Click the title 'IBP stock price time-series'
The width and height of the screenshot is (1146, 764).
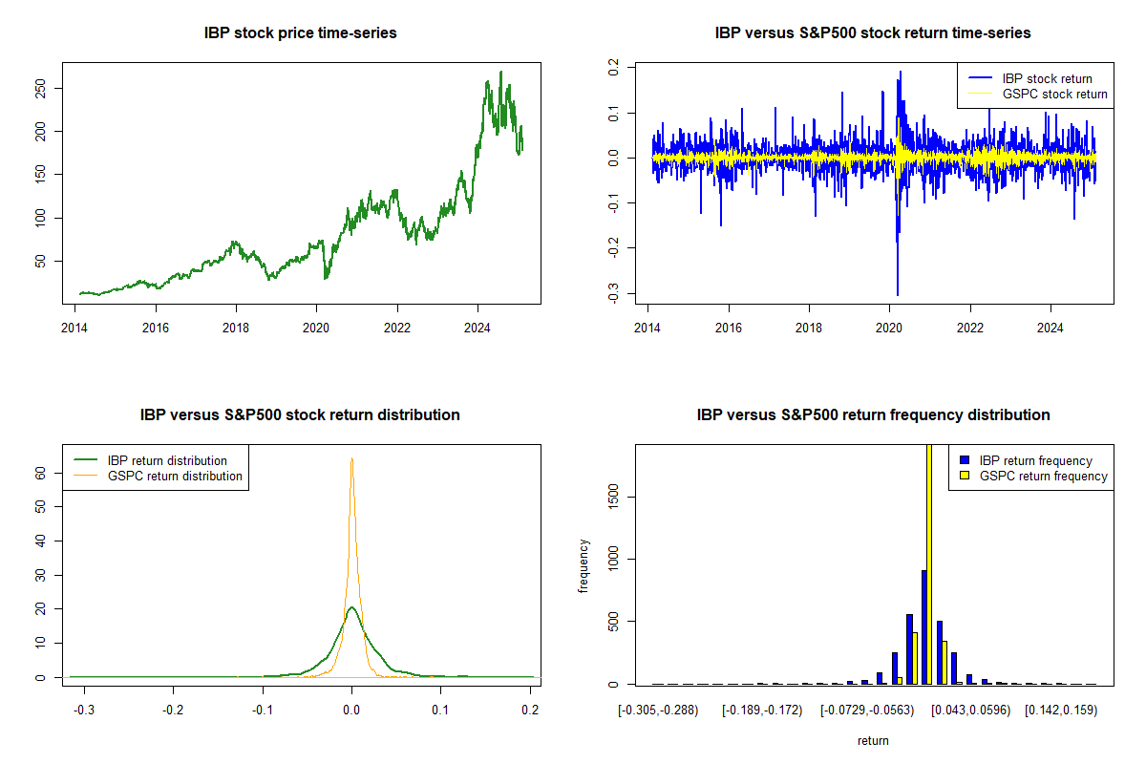(x=300, y=33)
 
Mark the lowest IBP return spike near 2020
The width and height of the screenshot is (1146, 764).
(x=898, y=293)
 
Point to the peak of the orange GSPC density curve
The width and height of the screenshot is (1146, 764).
(x=351, y=459)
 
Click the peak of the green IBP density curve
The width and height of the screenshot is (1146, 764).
(x=351, y=607)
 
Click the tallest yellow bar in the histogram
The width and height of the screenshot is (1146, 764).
(x=928, y=563)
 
